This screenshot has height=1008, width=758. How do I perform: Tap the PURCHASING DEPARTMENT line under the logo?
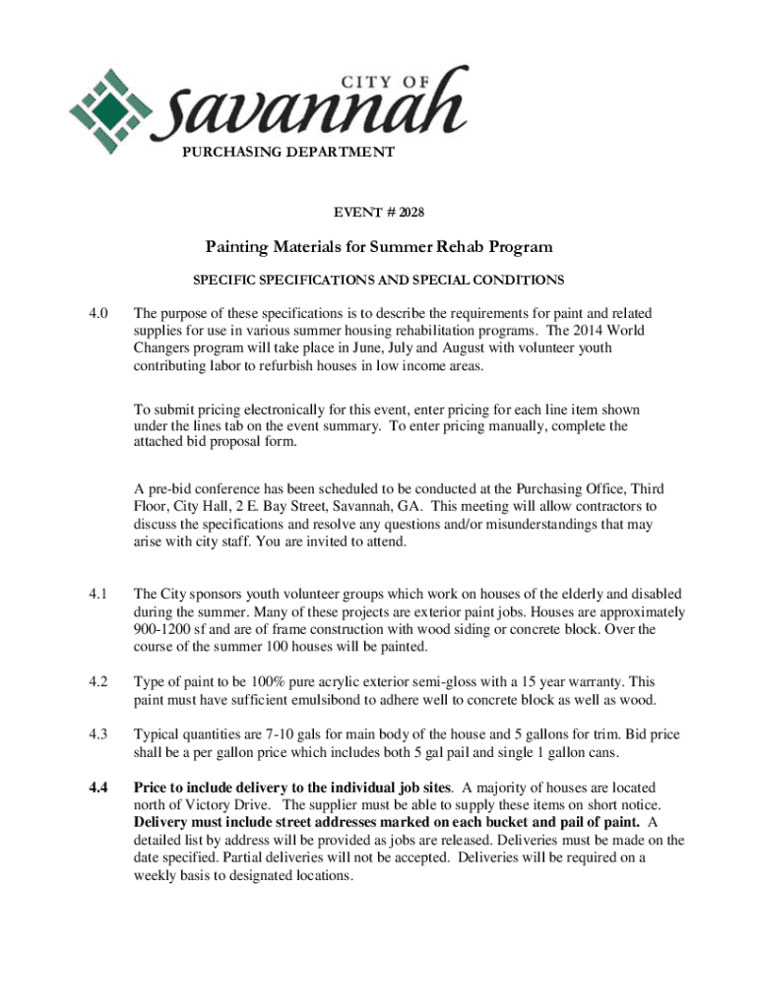pyautogui.click(x=288, y=153)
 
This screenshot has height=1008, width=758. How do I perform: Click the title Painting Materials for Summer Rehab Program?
pyautogui.click(x=379, y=247)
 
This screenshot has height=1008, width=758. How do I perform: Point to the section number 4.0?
pyautogui.click(x=96, y=314)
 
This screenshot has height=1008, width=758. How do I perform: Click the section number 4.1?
pyautogui.click(x=96, y=595)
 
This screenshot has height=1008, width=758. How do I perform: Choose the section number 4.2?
pyautogui.click(x=96, y=682)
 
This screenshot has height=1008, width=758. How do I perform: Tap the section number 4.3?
pyautogui.click(x=96, y=735)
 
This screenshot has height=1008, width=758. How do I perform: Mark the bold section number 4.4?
pyautogui.click(x=96, y=788)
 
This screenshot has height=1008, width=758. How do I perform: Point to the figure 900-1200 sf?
pyautogui.click(x=166, y=630)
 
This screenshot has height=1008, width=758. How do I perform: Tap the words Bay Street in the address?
pyautogui.click(x=298, y=507)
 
